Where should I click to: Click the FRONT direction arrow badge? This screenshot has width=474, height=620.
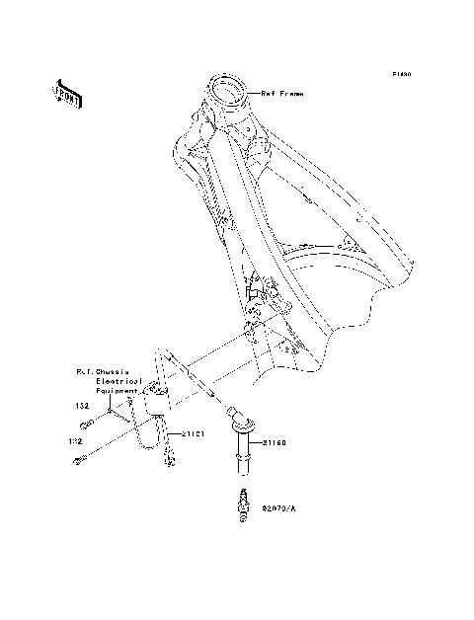[66, 92]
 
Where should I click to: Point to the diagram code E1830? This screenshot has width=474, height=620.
[400, 73]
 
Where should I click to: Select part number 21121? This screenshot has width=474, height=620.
[193, 433]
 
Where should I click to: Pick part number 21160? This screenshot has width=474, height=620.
[275, 443]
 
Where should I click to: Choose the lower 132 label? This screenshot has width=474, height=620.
[72, 441]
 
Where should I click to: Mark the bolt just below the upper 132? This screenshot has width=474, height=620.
[86, 424]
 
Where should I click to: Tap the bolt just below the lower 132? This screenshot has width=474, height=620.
[78, 459]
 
